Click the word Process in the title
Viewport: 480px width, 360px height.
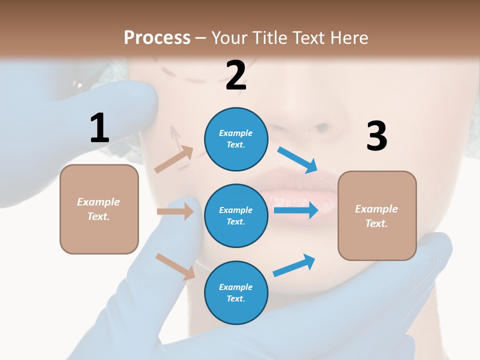[157, 37]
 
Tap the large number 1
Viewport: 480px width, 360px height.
[99, 128]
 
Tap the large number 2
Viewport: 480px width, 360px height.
[235, 75]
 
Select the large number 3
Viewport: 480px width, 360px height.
[376, 136]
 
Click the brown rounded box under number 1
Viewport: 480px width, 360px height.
[99, 209]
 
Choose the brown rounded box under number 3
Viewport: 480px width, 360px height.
[377, 215]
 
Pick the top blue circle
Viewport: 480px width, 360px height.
[236, 138]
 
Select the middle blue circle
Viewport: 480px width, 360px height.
[236, 215]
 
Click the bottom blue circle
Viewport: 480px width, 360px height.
[236, 292]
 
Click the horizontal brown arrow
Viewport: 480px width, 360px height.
[175, 211]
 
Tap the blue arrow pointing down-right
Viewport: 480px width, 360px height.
[297, 160]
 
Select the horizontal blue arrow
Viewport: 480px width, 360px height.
[295, 209]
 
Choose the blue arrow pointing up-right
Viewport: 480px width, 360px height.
[294, 265]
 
